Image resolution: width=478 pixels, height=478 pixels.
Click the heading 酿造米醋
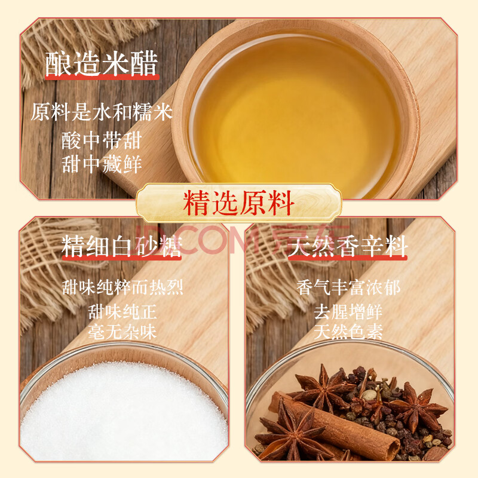pyautogui.click(x=102, y=63)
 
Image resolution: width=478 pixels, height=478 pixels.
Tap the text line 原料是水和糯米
pyautogui.click(x=102, y=112)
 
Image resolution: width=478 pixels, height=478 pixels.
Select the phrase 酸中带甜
pyautogui.click(x=102, y=140)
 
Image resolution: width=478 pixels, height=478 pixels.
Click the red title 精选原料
pyautogui.click(x=238, y=203)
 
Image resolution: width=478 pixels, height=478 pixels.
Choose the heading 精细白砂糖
pyautogui.click(x=122, y=246)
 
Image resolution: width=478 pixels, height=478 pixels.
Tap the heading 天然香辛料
pyautogui.click(x=348, y=246)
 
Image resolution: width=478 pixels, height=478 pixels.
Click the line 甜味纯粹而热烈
pyautogui.click(x=122, y=287)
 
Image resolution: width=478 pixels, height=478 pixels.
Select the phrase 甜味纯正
pyautogui.click(x=122, y=311)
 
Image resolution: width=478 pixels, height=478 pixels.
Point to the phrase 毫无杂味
pyautogui.click(x=122, y=332)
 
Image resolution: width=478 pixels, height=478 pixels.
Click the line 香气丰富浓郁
pyautogui.click(x=348, y=287)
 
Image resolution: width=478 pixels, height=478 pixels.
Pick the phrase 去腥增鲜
pyautogui.click(x=348, y=311)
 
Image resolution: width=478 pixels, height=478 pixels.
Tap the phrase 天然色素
pyautogui.click(x=348, y=332)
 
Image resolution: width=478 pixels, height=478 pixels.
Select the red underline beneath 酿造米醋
pyautogui.click(x=102, y=78)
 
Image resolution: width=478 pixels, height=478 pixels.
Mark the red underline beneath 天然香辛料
pyautogui.click(x=348, y=258)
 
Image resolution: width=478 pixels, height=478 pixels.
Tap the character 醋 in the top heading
pyautogui.click(x=144, y=63)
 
